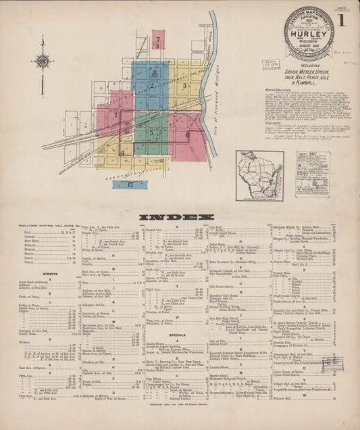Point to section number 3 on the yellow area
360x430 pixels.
click(184, 86)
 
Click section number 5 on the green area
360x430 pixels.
click(152, 133)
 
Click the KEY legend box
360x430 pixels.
click(312, 174)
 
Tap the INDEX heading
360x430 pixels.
click(180, 217)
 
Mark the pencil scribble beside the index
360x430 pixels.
click(332, 362)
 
